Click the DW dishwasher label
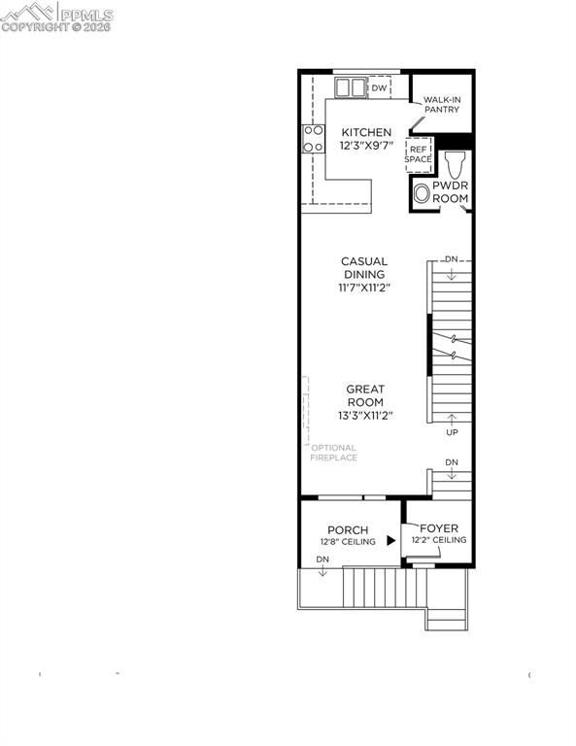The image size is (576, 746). coord(379,88)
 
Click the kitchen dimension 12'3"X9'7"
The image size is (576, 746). coord(365,146)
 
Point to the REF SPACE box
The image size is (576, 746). coord(418,153)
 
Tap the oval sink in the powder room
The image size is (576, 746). coord(421,194)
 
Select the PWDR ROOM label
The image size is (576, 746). coord(450,190)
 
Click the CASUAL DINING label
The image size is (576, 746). coord(363,267)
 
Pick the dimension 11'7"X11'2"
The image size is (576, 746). coord(363,288)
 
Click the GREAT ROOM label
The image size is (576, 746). coord(365,395)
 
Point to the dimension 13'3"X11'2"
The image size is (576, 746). coord(365,416)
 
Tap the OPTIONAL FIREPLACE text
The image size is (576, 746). coord(333,453)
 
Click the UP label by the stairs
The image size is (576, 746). coord(452,432)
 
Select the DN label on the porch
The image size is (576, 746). coord(322,560)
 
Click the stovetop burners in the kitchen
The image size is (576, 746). coord(313,139)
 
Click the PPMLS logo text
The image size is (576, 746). coord(85,15)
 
